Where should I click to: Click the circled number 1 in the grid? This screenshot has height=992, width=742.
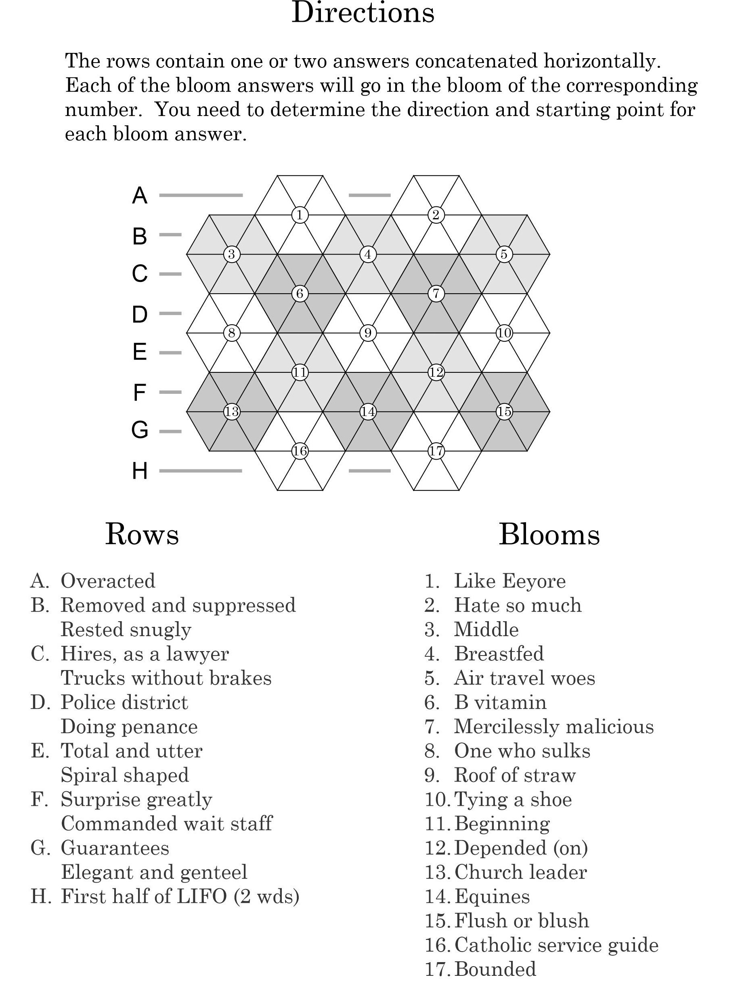tap(300, 215)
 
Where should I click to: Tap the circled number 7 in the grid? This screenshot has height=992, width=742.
tap(436, 294)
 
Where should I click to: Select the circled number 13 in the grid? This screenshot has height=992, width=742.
tap(231, 411)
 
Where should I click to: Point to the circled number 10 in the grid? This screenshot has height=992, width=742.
tap(504, 333)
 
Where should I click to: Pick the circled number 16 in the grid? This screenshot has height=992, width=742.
tap(300, 451)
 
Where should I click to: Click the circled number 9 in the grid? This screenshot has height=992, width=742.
tap(368, 333)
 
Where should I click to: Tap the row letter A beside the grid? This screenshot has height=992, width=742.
tap(139, 195)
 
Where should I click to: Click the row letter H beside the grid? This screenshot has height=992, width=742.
tap(139, 471)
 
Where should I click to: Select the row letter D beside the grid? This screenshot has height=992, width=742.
tap(139, 314)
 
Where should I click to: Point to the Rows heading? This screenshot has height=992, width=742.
tap(142, 534)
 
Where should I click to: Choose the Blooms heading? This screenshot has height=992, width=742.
tap(549, 534)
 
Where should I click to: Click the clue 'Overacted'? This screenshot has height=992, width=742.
tap(108, 581)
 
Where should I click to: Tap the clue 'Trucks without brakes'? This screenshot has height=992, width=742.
tap(166, 678)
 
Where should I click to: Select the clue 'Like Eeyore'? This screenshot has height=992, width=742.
tap(509, 581)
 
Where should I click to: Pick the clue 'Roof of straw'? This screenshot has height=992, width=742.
tap(514, 775)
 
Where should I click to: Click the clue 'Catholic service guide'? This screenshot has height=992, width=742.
tap(556, 945)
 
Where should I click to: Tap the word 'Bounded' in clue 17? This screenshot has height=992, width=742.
tap(495, 969)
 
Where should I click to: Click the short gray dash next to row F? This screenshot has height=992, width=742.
tap(170, 392)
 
